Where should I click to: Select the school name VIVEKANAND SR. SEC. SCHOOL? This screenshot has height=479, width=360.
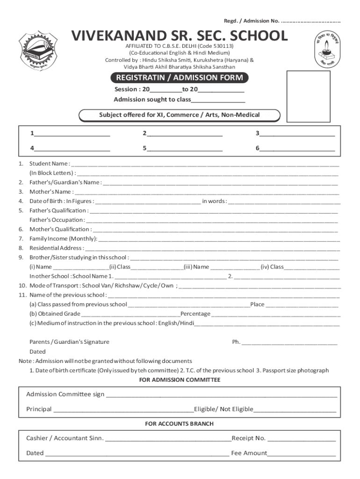pyautogui.click(x=180, y=36)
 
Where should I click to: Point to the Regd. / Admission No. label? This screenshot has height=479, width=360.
pyautogui.click(x=252, y=21)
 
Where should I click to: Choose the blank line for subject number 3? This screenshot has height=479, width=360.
pyautogui.click(x=297, y=134)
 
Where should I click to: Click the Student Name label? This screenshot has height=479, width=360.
pyautogui.click(x=49, y=164)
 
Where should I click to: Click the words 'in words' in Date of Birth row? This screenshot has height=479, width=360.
pyautogui.click(x=214, y=201)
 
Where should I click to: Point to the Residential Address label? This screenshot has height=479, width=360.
pyautogui.click(x=57, y=248)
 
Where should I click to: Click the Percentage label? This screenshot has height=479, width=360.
pyautogui.click(x=195, y=314)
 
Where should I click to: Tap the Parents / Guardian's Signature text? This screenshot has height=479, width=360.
pyautogui.click(x=69, y=342)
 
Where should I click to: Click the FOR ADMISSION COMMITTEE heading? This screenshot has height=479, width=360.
pyautogui.click(x=180, y=380)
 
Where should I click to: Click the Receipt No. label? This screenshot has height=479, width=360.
pyautogui.click(x=248, y=438)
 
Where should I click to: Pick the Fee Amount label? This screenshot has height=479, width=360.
pyautogui.click(x=249, y=453)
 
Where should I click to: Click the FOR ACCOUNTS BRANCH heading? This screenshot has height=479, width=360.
pyautogui.click(x=180, y=424)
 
